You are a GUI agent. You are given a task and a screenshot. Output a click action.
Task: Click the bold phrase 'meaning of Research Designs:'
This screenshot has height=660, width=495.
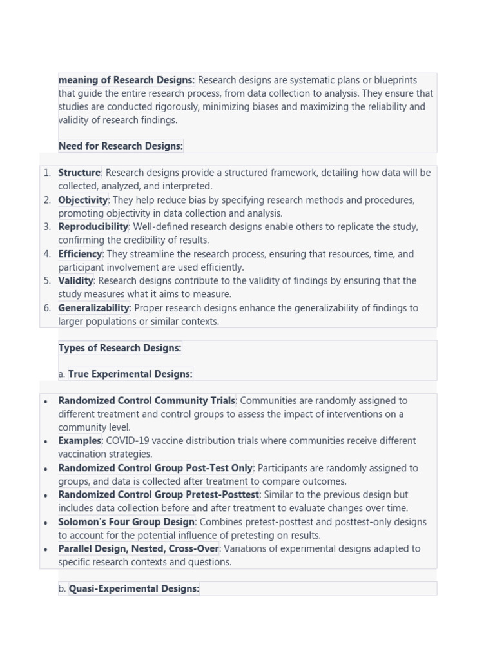point(126,80)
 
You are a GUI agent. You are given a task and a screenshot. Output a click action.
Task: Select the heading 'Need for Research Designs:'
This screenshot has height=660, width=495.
point(121,146)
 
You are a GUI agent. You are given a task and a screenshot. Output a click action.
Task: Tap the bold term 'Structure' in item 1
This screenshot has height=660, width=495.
point(79,173)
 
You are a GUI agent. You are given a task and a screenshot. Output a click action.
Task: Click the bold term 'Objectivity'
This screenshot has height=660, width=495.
point(83,200)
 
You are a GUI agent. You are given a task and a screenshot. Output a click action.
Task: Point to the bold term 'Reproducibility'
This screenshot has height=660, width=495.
point(93,227)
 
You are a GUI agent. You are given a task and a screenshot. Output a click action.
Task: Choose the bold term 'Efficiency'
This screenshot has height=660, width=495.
point(80,254)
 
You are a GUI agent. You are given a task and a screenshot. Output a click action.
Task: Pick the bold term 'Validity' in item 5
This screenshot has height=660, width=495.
point(75,281)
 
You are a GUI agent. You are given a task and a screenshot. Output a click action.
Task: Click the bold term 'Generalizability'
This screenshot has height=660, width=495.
point(93,308)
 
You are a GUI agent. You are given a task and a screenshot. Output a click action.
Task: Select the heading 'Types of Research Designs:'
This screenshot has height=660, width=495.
point(120,348)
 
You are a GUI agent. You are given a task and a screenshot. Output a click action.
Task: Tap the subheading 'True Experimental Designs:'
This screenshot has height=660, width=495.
point(130,374)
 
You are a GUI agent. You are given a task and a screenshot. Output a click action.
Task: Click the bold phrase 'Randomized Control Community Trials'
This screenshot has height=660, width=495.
point(146,401)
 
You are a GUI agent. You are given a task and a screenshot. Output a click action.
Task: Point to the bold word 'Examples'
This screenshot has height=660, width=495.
point(79,441)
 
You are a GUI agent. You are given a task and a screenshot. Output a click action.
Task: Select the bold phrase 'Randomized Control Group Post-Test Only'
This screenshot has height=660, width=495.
point(155,468)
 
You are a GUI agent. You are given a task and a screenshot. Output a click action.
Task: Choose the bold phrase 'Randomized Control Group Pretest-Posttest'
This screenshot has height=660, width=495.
point(159,495)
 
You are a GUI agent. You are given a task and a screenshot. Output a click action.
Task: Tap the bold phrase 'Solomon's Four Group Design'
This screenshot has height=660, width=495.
point(126,522)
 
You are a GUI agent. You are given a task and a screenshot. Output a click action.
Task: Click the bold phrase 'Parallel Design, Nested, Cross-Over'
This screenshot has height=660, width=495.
point(139,549)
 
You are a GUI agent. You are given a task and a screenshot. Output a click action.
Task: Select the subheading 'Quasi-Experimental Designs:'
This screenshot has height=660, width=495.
point(133,588)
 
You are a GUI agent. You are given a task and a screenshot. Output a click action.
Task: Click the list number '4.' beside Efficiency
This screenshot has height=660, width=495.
point(47,254)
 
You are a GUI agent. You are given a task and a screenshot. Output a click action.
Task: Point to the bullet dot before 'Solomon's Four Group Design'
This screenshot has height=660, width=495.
point(46,523)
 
